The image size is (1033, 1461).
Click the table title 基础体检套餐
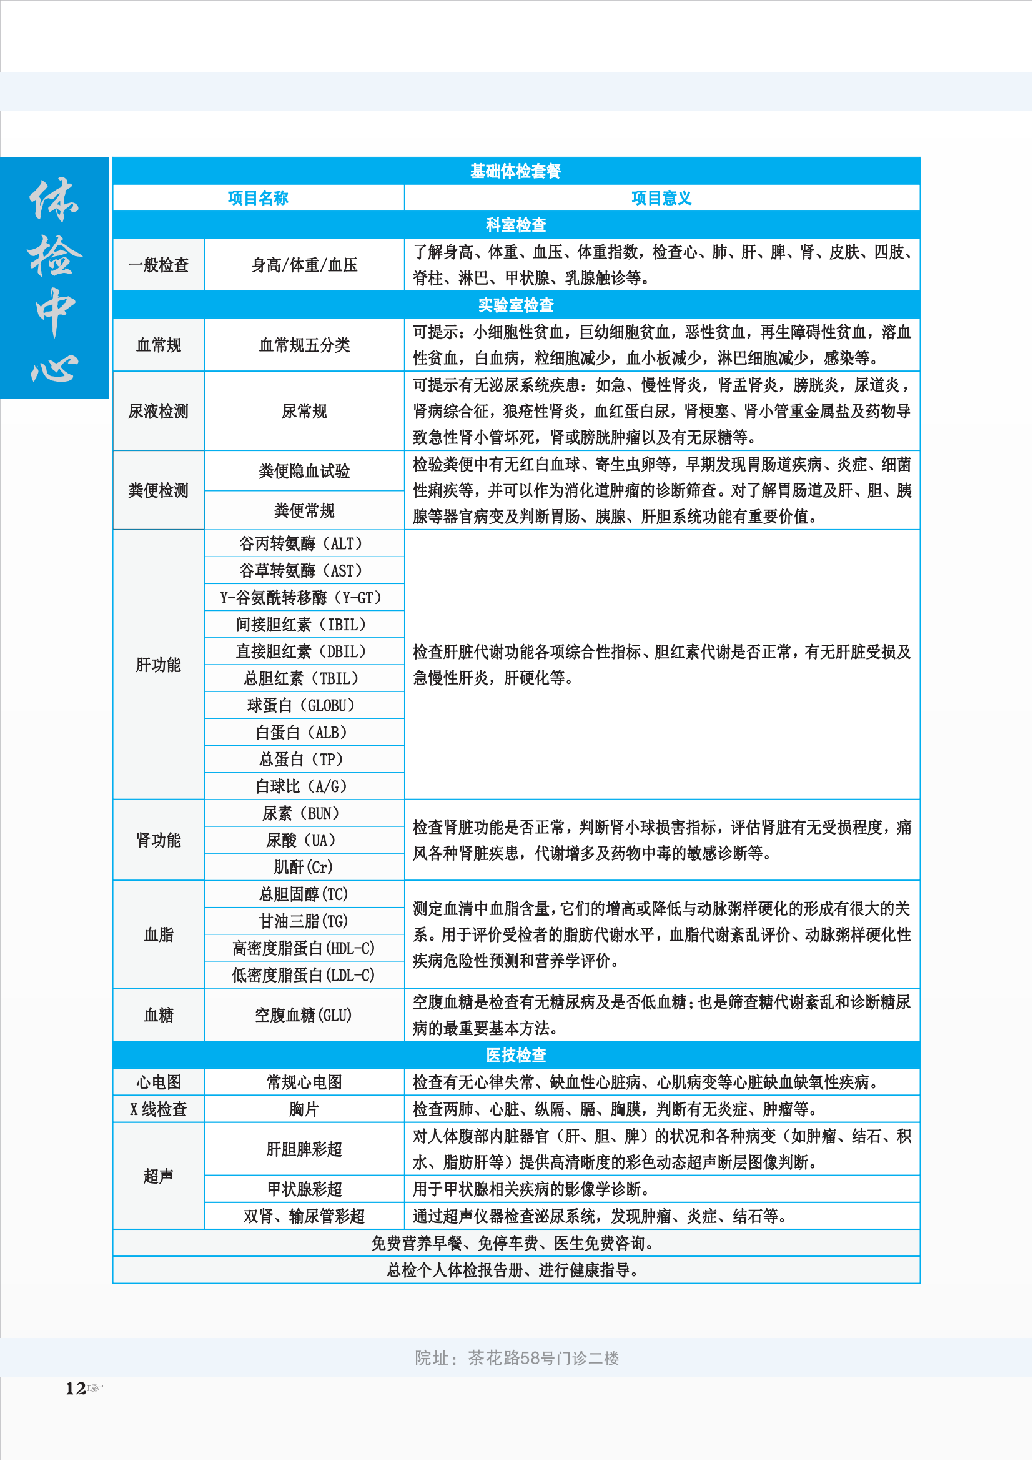[515, 171]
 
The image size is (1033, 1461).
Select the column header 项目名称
[259, 198]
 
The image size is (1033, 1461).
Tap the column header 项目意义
[661, 198]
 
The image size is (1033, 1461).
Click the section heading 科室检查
[516, 225]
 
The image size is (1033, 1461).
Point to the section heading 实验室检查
[516, 305]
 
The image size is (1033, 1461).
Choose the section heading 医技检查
[516, 1055]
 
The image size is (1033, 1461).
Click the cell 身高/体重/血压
[304, 265]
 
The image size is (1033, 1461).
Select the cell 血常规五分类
[304, 345]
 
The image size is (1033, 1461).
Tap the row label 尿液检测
[159, 411]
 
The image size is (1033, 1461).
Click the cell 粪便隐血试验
[304, 471]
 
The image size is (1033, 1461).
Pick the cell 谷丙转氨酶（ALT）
[304, 543]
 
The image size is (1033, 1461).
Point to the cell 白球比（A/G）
[304, 786]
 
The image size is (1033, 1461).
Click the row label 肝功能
[159, 665]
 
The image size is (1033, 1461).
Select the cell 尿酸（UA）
[304, 840]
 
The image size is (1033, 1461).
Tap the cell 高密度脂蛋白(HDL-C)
[304, 948]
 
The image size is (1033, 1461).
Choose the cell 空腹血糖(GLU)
[304, 1015]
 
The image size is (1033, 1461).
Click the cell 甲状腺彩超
[304, 1189]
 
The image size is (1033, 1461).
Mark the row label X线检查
[159, 1109]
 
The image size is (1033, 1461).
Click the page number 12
[76, 1388]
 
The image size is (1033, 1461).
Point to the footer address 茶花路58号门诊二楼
[543, 1358]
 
